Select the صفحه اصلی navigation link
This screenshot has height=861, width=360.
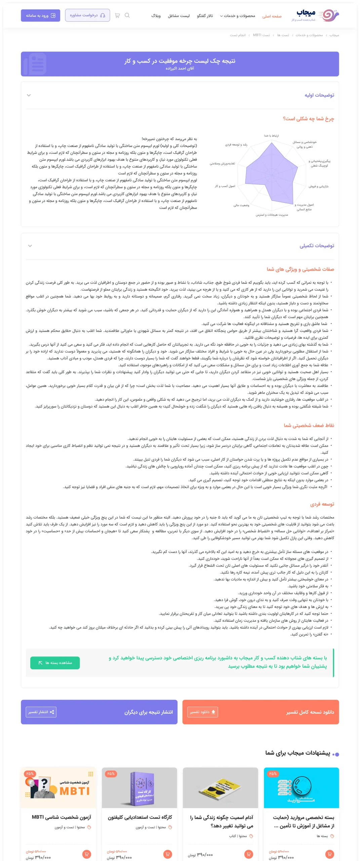click(272, 16)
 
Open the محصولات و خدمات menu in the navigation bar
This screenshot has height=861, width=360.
click(238, 16)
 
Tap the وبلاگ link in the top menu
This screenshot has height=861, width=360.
click(156, 16)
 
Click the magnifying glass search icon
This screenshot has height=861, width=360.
click(127, 15)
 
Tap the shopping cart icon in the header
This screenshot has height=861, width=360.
click(117, 15)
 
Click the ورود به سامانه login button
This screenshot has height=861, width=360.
click(40, 15)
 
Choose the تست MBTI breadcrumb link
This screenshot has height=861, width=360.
click(261, 35)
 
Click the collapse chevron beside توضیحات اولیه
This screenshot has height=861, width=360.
click(29, 95)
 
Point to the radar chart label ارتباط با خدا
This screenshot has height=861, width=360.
click(271, 136)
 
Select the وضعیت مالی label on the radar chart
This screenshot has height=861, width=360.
click(241, 205)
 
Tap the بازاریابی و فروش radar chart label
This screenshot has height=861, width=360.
click(318, 186)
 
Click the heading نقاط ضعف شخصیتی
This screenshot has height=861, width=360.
click(309, 425)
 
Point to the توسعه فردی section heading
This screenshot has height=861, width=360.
click(322, 504)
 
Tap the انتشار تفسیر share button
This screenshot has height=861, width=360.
click(41, 712)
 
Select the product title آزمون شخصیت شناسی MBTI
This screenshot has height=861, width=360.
click(62, 817)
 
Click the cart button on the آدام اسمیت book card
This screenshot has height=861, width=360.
click(249, 854)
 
